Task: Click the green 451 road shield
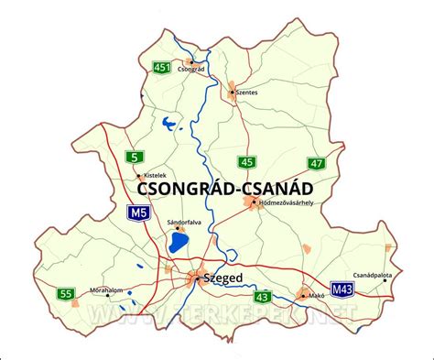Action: (x=162, y=67)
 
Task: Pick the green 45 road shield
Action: (x=246, y=162)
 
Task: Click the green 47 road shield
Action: (x=316, y=163)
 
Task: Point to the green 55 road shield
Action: (x=64, y=294)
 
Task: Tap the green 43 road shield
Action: (x=263, y=296)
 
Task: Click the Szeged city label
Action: (x=224, y=277)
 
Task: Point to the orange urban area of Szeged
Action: (x=198, y=278)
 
